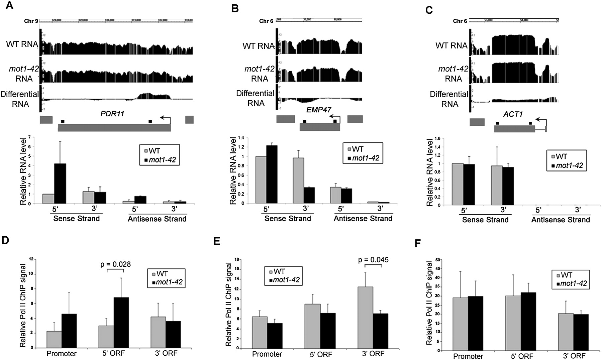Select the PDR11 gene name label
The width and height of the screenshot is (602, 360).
pos(112,114)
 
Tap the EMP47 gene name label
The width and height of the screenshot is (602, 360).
pos(319,110)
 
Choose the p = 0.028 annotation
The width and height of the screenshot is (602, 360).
pos(115,264)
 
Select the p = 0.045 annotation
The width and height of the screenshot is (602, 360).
pos(373,260)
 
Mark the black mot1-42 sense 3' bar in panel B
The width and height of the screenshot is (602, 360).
pos(309,195)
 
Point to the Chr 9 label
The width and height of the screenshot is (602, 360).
pos(31,21)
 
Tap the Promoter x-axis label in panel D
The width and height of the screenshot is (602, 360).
pos(62,354)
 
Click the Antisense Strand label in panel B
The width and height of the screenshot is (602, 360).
pos(363,219)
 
